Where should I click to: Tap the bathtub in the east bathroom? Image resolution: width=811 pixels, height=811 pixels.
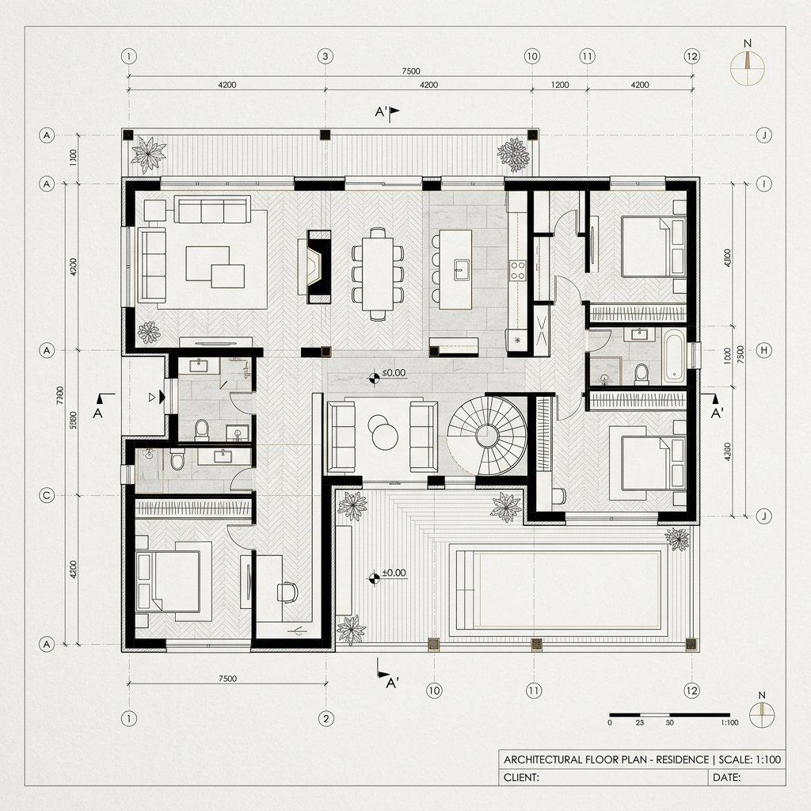pos(674,356)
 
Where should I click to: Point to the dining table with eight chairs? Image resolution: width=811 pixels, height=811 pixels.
pos(378,273)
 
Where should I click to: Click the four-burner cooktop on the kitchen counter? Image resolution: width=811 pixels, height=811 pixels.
pos(518,270)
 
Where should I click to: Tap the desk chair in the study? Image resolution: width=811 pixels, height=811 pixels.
pos(288,591)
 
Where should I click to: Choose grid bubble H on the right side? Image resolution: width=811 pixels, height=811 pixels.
pos(764,350)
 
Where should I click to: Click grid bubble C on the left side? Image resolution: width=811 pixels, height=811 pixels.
pos(47,496)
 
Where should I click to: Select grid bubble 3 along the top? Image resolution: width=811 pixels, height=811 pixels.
pos(324,56)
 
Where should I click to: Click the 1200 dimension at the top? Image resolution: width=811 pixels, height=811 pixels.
pos(559,85)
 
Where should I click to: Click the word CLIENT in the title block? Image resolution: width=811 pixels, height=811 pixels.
pos(521,777)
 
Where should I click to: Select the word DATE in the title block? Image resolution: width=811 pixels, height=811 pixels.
pos(726,777)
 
